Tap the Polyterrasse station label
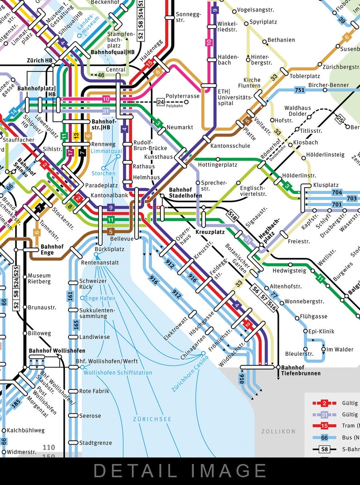coord(182,96)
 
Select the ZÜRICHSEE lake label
coord(152,419)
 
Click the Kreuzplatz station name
coord(210,232)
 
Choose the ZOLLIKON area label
coord(278,431)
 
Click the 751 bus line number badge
coord(299,89)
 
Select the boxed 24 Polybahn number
coord(161,102)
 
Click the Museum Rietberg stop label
coord(39,278)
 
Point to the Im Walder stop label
coord(340,349)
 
